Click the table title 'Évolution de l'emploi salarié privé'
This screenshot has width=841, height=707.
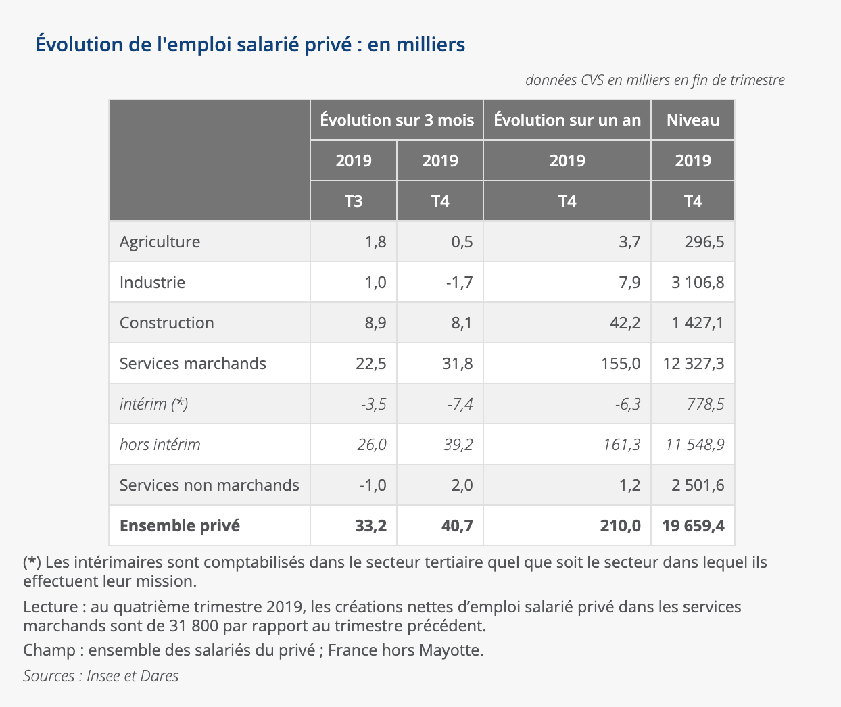coord(250,45)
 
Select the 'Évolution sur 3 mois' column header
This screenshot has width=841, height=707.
coord(397,120)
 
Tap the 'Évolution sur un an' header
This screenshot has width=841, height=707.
coord(567,120)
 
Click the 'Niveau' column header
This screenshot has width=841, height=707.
coord(693,120)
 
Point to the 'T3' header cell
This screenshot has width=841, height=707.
coord(354,201)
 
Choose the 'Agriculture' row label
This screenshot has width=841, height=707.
coord(160,242)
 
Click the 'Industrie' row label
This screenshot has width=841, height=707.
coord(153,283)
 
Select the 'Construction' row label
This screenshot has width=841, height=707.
coord(167,323)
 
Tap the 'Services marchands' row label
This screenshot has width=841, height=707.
coord(193,364)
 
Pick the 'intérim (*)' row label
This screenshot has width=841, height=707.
coord(153,404)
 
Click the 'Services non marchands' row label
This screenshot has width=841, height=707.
coord(209,485)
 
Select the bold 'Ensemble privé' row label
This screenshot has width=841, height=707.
coord(180,526)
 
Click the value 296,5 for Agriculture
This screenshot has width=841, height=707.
coord(704,242)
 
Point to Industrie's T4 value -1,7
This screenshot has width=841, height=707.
coord(459,283)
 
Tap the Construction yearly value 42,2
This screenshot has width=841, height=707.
coord(625,323)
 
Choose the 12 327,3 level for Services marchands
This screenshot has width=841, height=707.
coord(693,364)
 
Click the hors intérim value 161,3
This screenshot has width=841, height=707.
coord(621,445)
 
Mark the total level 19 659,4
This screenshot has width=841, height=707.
coord(693,526)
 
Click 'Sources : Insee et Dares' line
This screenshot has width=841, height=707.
coord(101,676)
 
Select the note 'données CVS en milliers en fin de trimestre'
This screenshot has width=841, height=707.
coord(654,80)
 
